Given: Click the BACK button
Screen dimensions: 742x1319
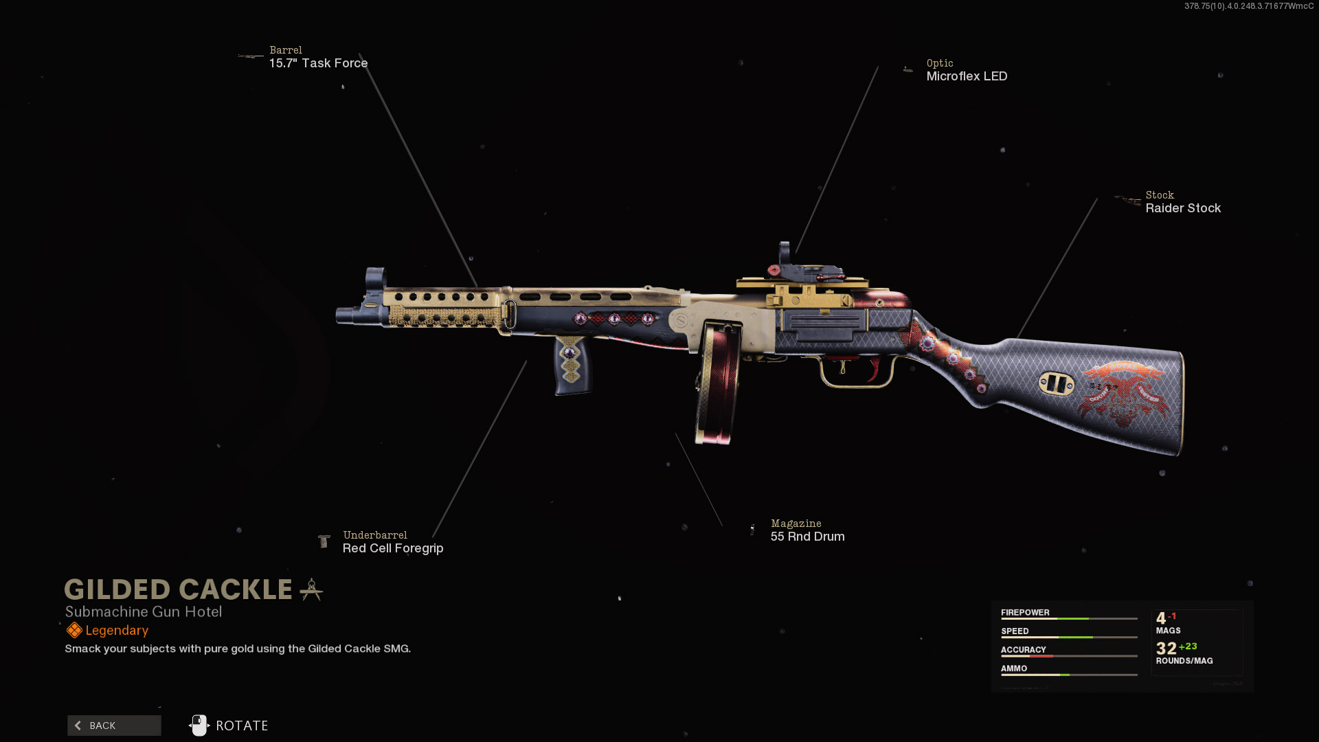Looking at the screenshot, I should [x=114, y=726].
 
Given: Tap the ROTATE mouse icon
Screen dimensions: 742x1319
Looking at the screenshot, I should [x=199, y=726].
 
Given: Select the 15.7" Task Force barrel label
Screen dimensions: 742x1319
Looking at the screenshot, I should [x=318, y=63].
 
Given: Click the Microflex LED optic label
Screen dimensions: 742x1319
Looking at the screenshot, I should [x=967, y=76].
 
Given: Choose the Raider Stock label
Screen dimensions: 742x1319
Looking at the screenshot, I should [x=1183, y=208].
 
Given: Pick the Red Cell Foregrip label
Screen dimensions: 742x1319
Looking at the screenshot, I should [x=393, y=548].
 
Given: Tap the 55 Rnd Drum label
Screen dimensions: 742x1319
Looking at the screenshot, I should [x=807, y=537].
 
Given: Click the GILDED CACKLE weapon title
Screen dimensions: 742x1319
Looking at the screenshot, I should [x=179, y=589].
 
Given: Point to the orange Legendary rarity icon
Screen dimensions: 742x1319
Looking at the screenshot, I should [x=74, y=631].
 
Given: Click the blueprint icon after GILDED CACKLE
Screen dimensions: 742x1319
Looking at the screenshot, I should [x=311, y=589].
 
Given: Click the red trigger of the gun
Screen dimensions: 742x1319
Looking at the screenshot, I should [x=875, y=368].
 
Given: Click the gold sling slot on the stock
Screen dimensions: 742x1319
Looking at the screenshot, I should [x=1056, y=383].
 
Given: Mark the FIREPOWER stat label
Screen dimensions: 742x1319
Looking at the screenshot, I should [x=1025, y=613].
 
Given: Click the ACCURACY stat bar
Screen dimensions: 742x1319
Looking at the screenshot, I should [x=1069, y=656].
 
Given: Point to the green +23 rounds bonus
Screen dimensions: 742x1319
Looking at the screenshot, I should [x=1188, y=647].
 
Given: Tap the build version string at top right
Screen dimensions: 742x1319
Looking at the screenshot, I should [x=1248, y=6].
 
